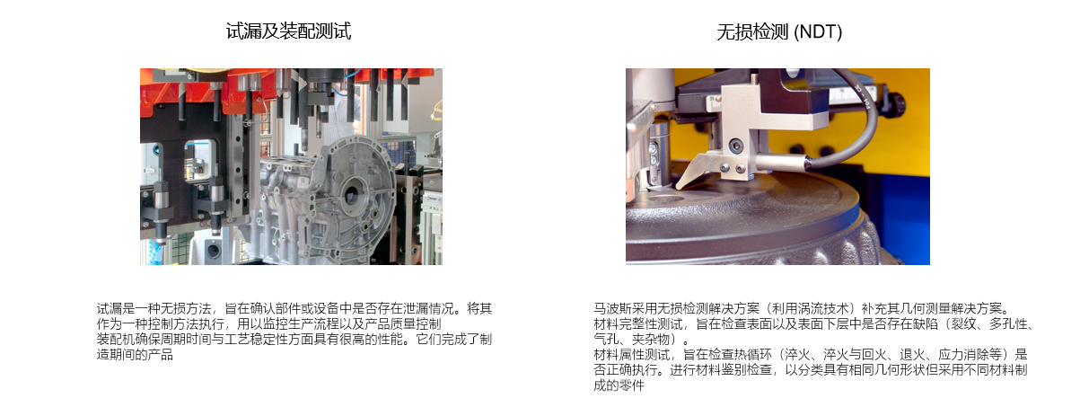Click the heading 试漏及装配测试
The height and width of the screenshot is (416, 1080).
(288, 31)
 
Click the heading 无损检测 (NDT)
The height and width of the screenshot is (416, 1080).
(779, 32)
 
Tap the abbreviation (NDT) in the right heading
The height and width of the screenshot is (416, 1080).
(818, 32)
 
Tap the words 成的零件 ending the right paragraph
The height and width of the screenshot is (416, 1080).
(619, 385)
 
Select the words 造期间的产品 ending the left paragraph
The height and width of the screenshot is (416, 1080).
(135, 355)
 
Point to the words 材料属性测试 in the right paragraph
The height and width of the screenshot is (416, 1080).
(632, 355)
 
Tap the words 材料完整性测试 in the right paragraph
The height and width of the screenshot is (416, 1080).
(638, 324)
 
